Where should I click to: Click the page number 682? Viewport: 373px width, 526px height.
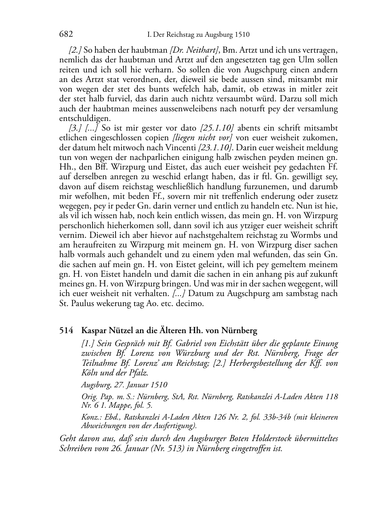click(x=66, y=34)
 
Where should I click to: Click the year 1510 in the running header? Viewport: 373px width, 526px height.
click(x=242, y=35)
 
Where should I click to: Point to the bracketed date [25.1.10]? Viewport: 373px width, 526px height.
click(x=217, y=128)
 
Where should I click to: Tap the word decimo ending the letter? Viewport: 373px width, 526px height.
click(x=191, y=303)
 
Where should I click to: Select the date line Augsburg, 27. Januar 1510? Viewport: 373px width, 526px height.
click(x=124, y=385)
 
